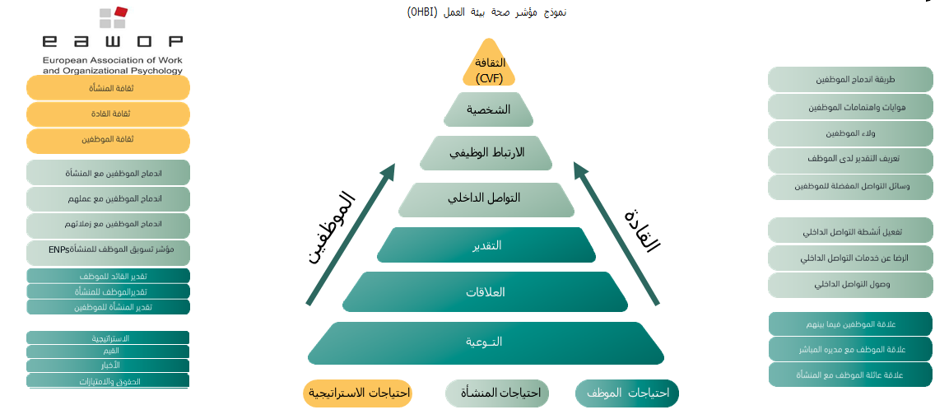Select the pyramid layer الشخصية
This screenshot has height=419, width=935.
coord(489,109)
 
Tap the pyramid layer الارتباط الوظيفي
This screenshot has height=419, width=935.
coord(486,152)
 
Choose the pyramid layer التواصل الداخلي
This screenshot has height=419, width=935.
coord(485,198)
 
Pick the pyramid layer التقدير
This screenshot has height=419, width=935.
coord(486,245)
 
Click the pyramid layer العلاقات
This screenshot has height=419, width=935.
coord(486,292)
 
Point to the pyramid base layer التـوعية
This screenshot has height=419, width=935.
coord(486,342)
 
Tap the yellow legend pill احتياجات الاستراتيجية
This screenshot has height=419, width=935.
coord(358,393)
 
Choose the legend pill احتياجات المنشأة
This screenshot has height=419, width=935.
coord(497,393)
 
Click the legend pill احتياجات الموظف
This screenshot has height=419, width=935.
coord(627,393)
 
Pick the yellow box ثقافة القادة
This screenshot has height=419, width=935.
coord(108,114)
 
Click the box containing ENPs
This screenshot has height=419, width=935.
coord(108,249)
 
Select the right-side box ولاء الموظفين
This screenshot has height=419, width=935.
coord(850,133)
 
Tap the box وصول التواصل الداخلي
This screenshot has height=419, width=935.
coord(850,285)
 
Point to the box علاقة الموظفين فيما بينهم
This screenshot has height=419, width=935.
coord(850,324)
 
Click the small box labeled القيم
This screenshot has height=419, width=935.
coord(108,351)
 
